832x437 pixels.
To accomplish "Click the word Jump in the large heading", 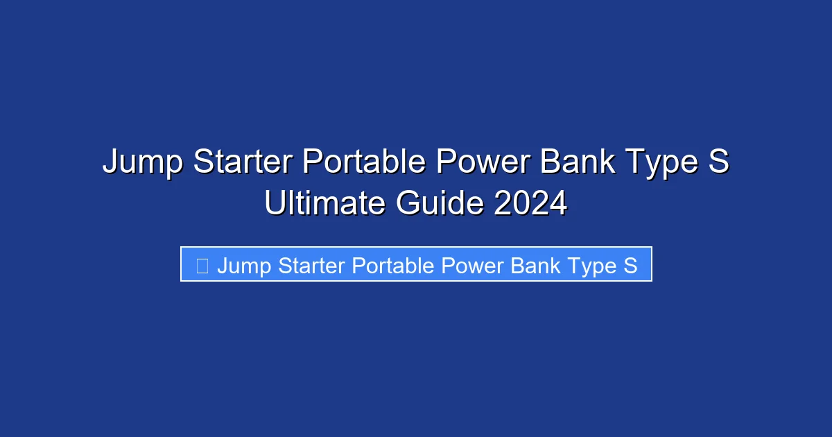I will pos(143,164).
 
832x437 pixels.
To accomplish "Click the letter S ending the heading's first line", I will pos(718,162).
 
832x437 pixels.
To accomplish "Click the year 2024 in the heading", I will pos(530,204).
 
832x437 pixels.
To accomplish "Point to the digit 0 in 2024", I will pos(521,204).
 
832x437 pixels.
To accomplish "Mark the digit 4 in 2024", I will pos(557,204).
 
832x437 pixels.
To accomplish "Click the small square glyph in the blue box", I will pos(202,265).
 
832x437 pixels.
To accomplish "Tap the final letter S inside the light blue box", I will pos(630,265).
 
